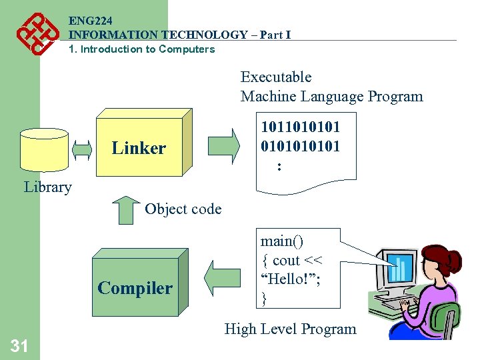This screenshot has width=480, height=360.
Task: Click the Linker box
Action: click(x=139, y=147)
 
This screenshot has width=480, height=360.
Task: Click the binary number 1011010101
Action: click(x=300, y=127)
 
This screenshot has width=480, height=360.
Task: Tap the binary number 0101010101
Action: click(x=300, y=146)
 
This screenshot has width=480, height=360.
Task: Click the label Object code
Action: click(x=183, y=209)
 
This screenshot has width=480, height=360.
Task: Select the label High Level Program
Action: click(x=290, y=329)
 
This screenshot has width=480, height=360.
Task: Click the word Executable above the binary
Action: click(x=276, y=77)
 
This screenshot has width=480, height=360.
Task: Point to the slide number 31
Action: click(x=19, y=345)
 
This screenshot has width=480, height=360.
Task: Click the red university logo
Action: click(x=35, y=33)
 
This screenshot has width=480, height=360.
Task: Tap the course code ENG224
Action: click(x=89, y=21)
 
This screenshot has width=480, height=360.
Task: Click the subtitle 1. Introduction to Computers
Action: click(x=142, y=49)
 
